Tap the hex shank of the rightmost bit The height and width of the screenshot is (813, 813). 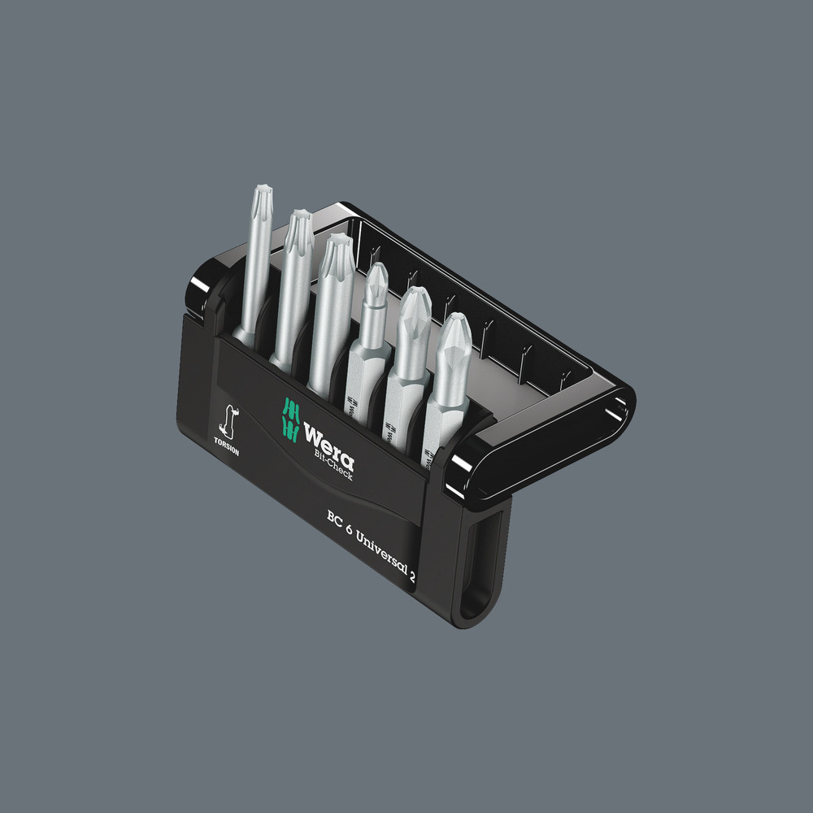[x=441, y=406]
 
